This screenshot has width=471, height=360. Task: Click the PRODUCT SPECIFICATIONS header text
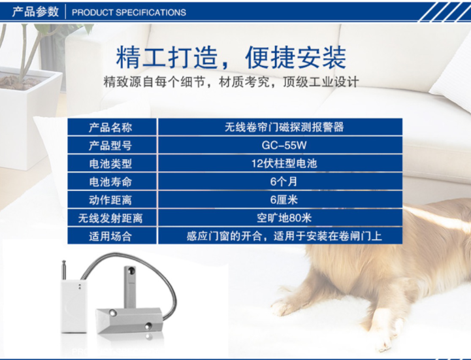click(x=129, y=12)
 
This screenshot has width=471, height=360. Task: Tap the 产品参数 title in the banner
click(x=35, y=12)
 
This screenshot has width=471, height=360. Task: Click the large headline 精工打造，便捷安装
click(x=231, y=57)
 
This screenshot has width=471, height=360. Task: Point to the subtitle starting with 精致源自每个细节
click(x=231, y=82)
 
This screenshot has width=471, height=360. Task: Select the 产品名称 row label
click(x=110, y=127)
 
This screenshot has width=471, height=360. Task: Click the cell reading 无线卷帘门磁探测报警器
click(x=284, y=127)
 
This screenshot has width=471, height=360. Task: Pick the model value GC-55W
click(x=284, y=146)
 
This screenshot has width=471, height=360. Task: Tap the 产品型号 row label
click(x=110, y=146)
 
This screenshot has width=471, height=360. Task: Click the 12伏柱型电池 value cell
click(x=284, y=163)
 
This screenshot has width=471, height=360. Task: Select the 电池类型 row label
click(x=110, y=164)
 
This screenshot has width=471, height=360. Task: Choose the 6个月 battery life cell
click(x=284, y=182)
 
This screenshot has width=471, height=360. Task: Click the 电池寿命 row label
click(x=110, y=182)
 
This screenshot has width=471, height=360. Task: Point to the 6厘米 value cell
click(x=284, y=200)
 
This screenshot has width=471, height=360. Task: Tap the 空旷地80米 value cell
click(x=284, y=218)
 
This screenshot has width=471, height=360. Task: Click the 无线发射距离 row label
click(x=110, y=218)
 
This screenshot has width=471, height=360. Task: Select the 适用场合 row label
click(x=110, y=237)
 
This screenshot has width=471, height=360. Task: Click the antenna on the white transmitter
click(x=64, y=270)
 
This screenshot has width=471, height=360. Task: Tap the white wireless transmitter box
click(x=74, y=306)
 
